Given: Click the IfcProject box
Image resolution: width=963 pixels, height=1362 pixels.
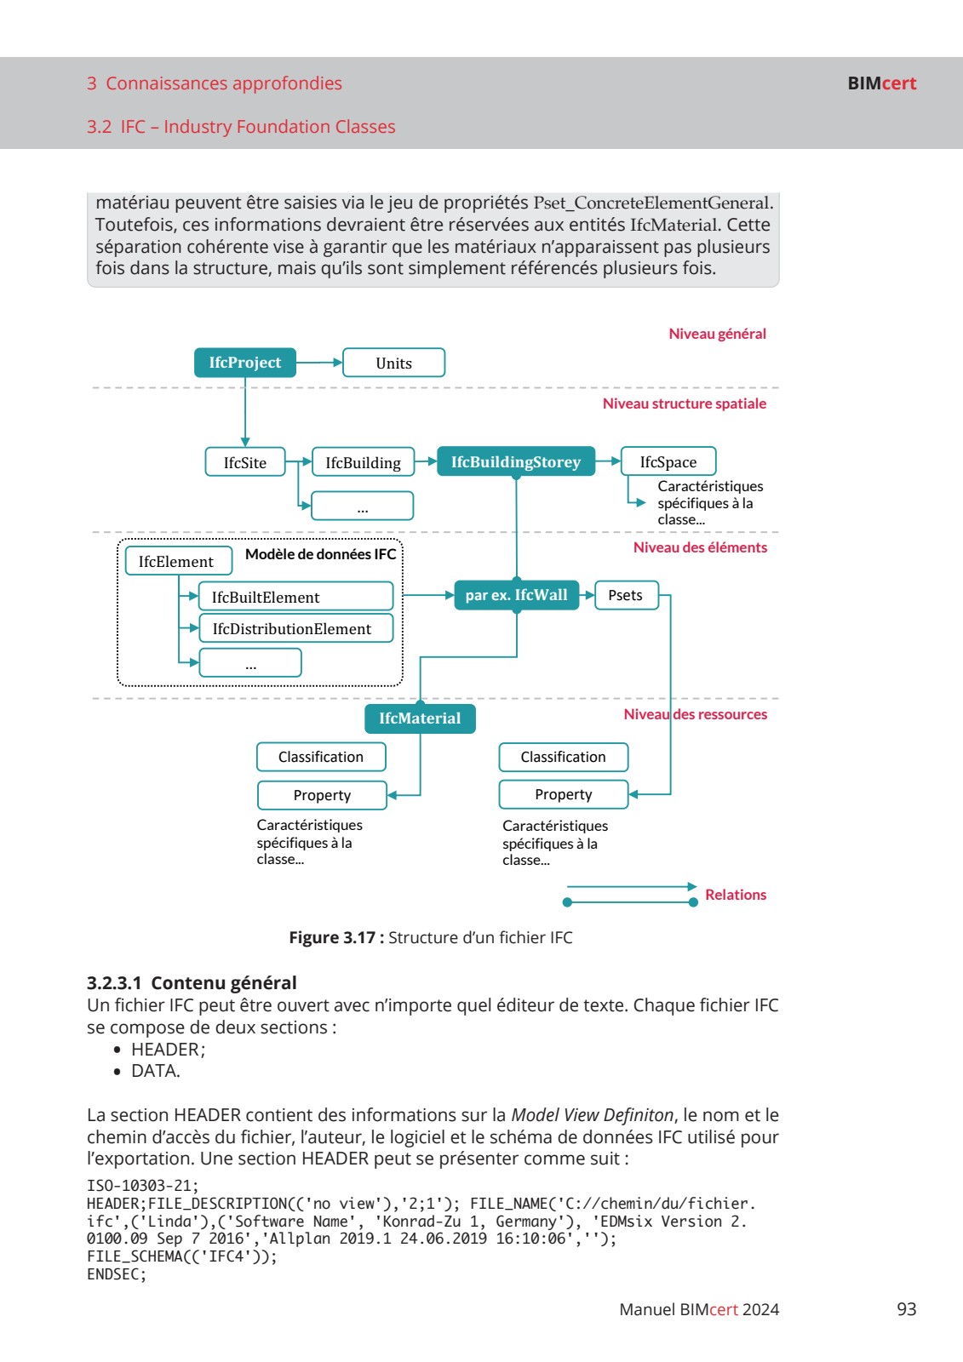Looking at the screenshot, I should pyautogui.click(x=245, y=363).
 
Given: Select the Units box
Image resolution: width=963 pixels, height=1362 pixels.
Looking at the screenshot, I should pyautogui.click(x=393, y=363).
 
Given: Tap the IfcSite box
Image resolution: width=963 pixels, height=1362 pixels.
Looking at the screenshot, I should pyautogui.click(x=245, y=462).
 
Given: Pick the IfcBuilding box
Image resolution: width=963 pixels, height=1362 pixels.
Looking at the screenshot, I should pyautogui.click(x=363, y=462).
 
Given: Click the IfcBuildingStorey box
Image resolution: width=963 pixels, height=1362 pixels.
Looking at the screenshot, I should pyautogui.click(x=516, y=462).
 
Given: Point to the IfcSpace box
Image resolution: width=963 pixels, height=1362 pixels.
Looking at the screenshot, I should pyautogui.click(x=668, y=461).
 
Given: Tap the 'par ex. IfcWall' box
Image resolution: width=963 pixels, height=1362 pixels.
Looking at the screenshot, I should pyautogui.click(x=516, y=595).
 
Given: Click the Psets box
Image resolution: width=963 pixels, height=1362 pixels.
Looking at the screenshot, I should pyautogui.click(x=626, y=595).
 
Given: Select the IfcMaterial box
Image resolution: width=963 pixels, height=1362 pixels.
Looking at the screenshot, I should pyautogui.click(x=420, y=718).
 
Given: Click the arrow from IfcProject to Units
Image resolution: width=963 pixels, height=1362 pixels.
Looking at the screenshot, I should pyautogui.click(x=319, y=363).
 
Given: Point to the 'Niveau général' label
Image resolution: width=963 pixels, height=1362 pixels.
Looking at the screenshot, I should pyautogui.click(x=717, y=334).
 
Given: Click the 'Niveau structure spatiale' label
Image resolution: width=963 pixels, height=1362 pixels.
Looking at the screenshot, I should pyautogui.click(x=684, y=403).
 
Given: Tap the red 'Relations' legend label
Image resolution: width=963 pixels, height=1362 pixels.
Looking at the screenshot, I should pyautogui.click(x=736, y=895).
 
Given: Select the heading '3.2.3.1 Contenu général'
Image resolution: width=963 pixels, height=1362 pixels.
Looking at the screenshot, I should pyautogui.click(x=192, y=982).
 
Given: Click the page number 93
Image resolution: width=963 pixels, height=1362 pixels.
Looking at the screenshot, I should pyautogui.click(x=906, y=1309).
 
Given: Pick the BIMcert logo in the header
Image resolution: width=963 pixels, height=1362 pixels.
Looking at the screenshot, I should pyautogui.click(x=881, y=83).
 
